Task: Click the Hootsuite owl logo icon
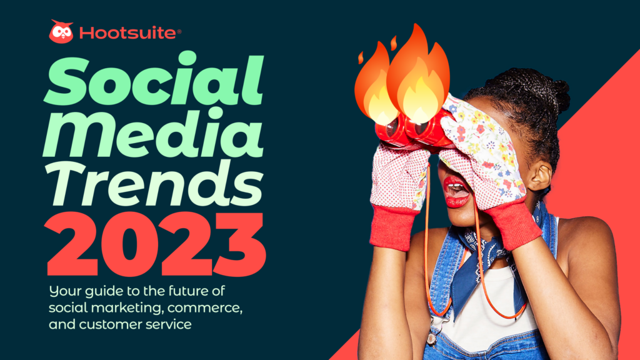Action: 61,32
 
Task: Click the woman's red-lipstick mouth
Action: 455,190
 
